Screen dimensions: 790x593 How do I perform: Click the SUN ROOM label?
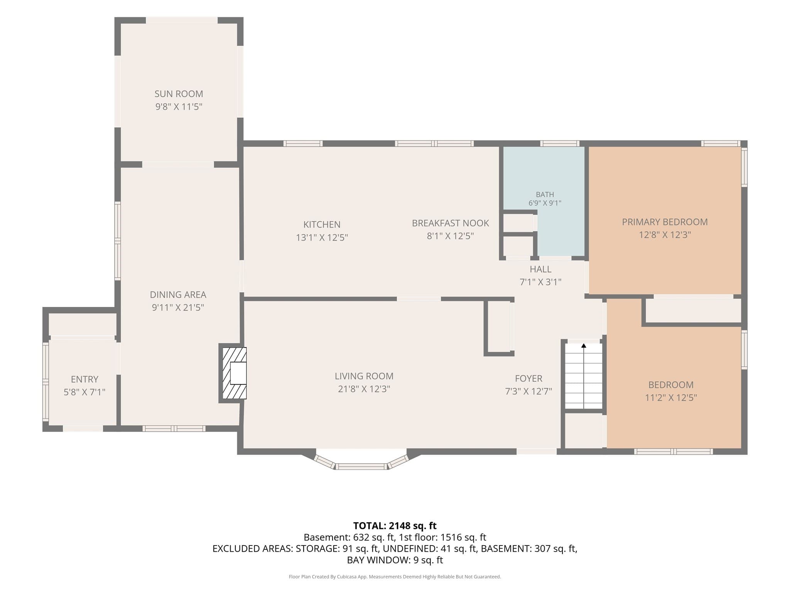pyautogui.click(x=179, y=94)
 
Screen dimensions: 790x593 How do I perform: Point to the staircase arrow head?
pyautogui.click(x=584, y=346)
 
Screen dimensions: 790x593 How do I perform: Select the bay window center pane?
pyautogui.click(x=361, y=466)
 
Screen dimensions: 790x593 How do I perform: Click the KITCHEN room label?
pyautogui.click(x=322, y=224)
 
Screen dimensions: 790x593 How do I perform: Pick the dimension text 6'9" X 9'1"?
pyautogui.click(x=545, y=203)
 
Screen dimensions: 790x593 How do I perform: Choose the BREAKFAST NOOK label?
pyautogui.click(x=450, y=223)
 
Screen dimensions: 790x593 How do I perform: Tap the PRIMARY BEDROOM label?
pyautogui.click(x=665, y=222)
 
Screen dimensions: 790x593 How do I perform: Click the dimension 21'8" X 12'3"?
pyautogui.click(x=364, y=389)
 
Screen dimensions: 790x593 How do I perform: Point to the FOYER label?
pyautogui.click(x=528, y=378)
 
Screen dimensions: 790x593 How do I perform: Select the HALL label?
pyautogui.click(x=540, y=269)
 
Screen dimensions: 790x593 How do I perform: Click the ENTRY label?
pyautogui.click(x=84, y=379)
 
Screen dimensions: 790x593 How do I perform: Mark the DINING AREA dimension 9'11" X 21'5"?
pyautogui.click(x=178, y=308)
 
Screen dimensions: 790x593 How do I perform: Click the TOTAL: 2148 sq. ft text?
pyautogui.click(x=395, y=525)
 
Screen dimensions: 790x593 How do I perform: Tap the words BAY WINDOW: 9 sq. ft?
pyautogui.click(x=395, y=560)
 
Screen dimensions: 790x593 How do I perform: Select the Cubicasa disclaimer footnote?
pyautogui.click(x=395, y=577)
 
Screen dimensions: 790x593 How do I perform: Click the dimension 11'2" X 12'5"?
pyautogui.click(x=671, y=398)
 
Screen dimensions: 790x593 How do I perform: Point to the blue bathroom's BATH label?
pyautogui.click(x=545, y=195)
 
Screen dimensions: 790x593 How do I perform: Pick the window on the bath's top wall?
pyautogui.click(x=559, y=144)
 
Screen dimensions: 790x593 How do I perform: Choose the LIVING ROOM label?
pyautogui.click(x=364, y=376)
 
